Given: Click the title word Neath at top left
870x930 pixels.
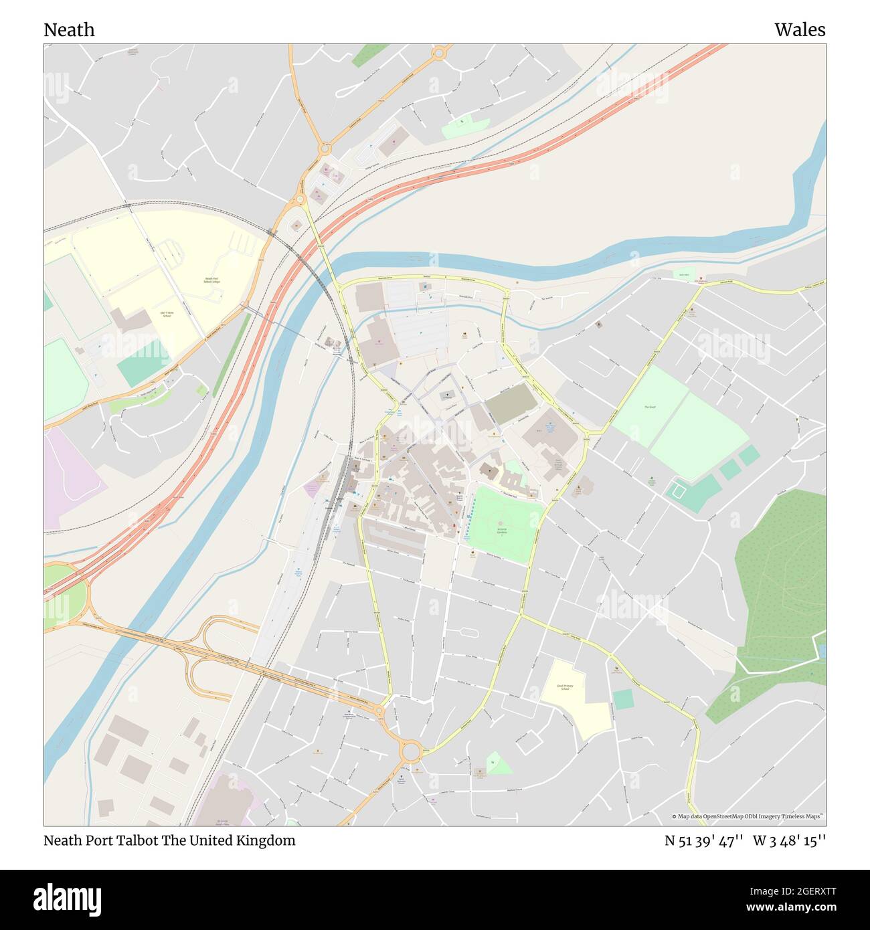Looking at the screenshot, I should [x=69, y=30].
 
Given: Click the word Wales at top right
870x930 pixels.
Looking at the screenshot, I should [x=800, y=30].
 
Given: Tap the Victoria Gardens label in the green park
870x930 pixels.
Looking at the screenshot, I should [x=506, y=530].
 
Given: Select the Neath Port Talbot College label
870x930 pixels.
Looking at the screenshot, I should [x=211, y=280].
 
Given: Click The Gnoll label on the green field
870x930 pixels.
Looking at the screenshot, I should [x=650, y=407].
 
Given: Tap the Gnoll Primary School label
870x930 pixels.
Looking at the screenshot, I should [x=566, y=687].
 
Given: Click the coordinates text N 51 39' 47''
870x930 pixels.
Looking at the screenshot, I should [x=704, y=840].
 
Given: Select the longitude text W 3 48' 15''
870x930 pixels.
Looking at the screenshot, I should [x=789, y=840].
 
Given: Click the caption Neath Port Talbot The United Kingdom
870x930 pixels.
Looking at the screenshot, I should [x=169, y=840].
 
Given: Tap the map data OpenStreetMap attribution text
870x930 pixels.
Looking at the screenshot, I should [x=748, y=816].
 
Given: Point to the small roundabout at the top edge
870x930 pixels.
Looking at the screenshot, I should [x=440, y=52].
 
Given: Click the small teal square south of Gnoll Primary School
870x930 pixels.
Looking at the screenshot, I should [x=623, y=699].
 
